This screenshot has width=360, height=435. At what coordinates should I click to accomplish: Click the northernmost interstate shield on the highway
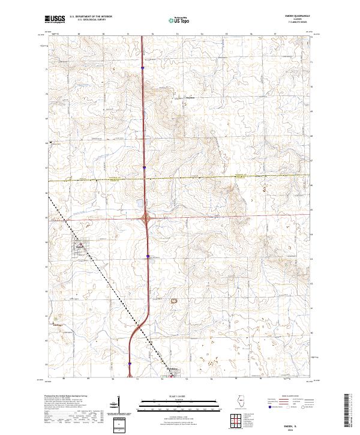(143, 68)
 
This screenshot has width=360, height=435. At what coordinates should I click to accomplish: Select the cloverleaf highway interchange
(146, 218)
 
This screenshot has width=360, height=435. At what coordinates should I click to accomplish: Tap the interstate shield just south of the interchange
(146, 256)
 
